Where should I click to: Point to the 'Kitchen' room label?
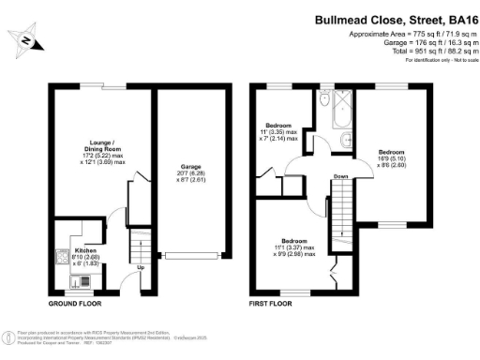point(86,252)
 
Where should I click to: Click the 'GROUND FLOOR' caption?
point(76,304)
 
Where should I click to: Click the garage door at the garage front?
point(193,255)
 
